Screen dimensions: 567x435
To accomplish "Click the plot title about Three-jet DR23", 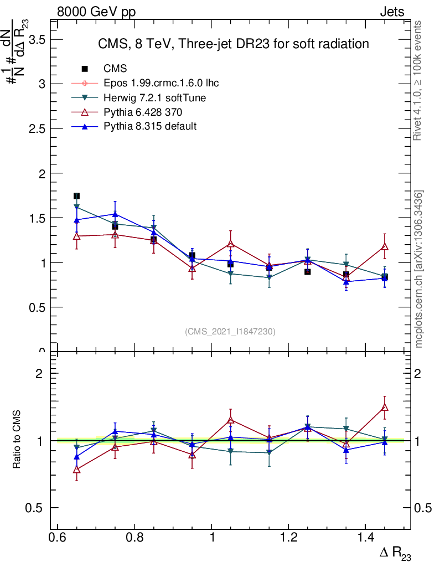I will pos(233,44).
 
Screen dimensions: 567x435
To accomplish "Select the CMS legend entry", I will pos(115,69).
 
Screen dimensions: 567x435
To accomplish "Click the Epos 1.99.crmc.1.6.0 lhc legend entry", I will pos(161,83).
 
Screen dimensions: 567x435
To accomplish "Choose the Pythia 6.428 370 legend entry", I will pos(143,112).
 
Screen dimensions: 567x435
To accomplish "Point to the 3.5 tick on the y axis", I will pos(37,39).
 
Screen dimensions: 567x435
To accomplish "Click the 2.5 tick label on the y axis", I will pos(37,128).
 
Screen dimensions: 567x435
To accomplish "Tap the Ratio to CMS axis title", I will pos(17,440).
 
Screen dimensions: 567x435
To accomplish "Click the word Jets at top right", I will pos(391,12).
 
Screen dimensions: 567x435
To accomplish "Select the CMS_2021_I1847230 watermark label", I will pos(230,331).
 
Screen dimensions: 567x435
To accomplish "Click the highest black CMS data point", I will pos(76,196).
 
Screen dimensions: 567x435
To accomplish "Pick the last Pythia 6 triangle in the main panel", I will pos(385,246).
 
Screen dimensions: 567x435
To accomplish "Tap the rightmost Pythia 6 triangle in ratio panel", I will pos(385,408).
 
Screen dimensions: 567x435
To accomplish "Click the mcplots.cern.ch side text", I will pos(419,269).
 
